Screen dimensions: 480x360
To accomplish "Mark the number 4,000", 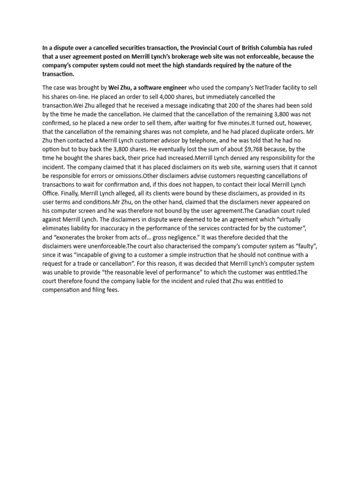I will coord(164,96).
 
